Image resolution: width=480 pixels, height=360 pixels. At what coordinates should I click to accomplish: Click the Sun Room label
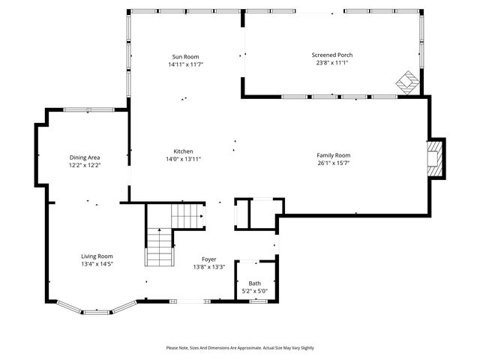tap(186, 57)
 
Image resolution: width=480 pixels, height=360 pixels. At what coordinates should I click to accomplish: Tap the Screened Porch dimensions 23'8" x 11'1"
tap(332, 63)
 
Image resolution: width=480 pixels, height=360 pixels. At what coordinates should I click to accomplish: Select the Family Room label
tap(333, 155)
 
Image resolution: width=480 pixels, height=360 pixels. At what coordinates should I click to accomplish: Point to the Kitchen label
tap(184, 151)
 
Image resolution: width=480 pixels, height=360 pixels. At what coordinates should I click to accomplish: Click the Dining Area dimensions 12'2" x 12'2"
tap(85, 165)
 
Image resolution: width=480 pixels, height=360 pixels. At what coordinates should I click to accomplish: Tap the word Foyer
tap(208, 259)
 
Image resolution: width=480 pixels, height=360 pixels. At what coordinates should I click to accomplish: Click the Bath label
tap(255, 283)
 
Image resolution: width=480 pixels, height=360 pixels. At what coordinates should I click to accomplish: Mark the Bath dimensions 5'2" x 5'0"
tap(255, 291)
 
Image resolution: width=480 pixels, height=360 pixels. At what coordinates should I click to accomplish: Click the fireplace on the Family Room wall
tap(436, 158)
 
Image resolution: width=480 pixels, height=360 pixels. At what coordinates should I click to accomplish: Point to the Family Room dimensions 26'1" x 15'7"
tap(333, 163)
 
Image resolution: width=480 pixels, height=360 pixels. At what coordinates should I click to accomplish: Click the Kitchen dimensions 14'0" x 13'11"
tap(184, 158)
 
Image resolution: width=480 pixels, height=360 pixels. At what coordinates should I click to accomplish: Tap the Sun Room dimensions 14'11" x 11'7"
tap(186, 64)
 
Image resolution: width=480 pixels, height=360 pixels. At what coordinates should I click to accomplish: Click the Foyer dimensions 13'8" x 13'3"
tap(208, 266)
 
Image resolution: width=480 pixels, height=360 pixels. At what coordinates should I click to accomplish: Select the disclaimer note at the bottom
tap(240, 348)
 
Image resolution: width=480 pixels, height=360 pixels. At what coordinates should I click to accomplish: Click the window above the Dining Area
tap(88, 110)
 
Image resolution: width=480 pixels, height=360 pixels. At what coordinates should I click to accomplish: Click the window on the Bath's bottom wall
tap(258, 301)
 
